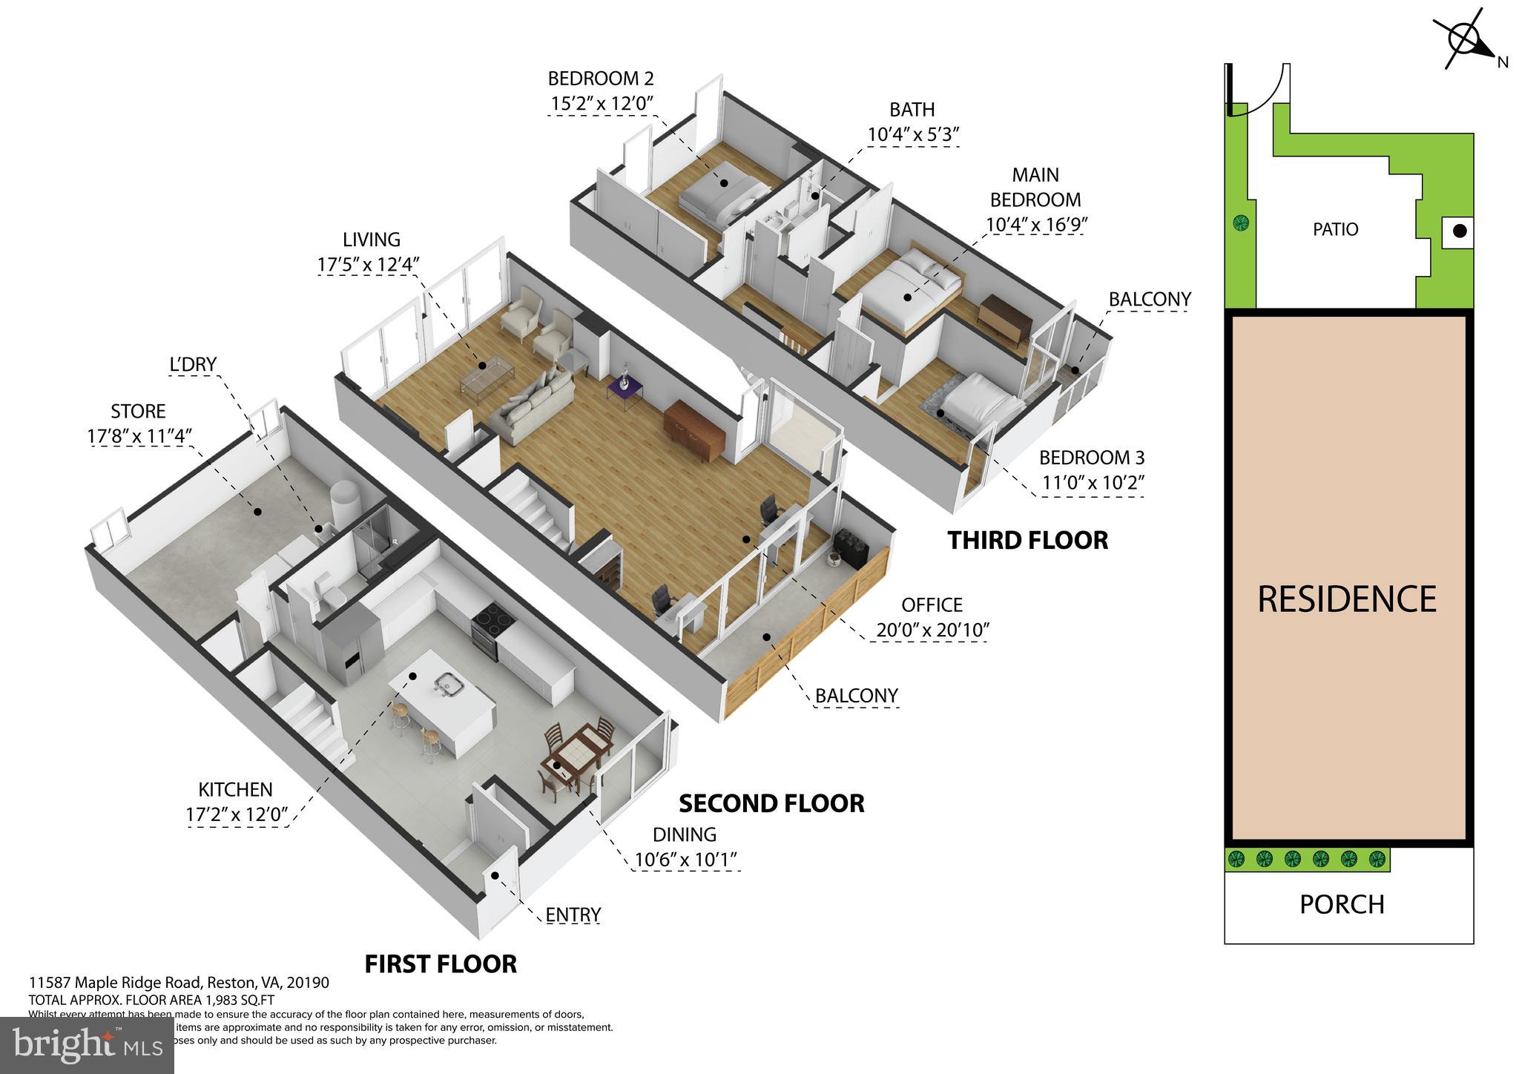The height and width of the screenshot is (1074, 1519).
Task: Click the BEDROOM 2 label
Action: [600, 79]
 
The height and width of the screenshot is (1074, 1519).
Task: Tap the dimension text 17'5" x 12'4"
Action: [369, 265]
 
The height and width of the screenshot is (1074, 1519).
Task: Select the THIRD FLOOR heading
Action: [1027, 541]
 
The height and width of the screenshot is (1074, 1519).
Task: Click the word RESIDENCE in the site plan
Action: [1347, 599]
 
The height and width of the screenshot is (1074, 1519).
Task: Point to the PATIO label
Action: [1335, 229]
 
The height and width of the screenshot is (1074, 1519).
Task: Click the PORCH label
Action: [1342, 905]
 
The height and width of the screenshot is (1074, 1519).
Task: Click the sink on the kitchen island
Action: [447, 683]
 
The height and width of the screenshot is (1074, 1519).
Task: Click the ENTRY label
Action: [573, 915]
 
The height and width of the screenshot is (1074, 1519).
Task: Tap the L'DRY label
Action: [193, 364]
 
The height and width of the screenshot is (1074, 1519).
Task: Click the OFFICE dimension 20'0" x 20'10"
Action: [932, 630]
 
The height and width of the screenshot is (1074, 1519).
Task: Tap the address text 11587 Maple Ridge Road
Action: [117, 983]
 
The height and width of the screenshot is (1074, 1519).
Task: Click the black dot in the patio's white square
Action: [1459, 231]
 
